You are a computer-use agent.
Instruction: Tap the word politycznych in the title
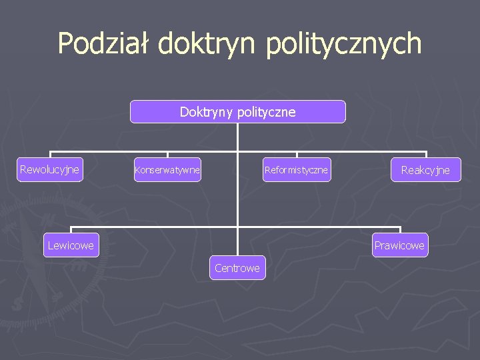coord(344,44)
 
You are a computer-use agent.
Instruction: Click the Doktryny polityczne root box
coord(237,112)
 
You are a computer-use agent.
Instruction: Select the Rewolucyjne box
coord(50,169)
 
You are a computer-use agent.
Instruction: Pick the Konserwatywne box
coord(167,170)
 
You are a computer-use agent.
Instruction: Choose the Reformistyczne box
coord(296,170)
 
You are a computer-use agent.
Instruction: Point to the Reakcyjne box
coord(425,170)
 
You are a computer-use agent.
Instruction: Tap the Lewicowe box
coord(71,245)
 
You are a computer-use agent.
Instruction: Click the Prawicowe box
coord(399,245)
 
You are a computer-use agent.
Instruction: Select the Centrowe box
coord(237,268)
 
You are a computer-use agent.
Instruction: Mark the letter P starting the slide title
coord(66,44)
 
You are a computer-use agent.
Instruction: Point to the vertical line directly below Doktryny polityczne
coord(237,137)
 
